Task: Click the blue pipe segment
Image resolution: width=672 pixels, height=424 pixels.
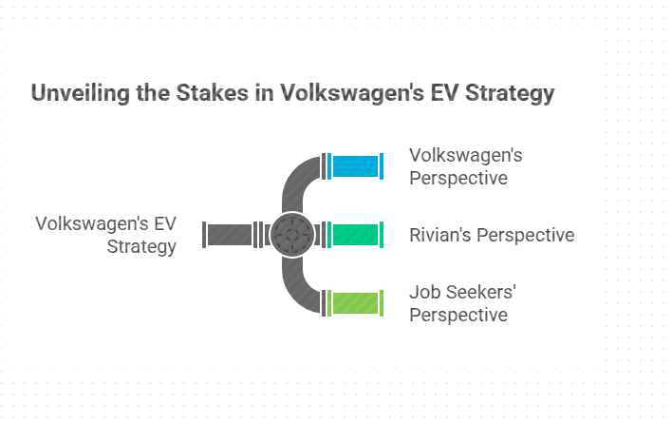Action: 355,166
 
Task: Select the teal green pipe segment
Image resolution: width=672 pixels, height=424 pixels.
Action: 355,235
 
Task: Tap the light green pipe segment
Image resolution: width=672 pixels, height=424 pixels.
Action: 355,303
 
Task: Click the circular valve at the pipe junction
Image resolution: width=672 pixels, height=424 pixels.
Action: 292,235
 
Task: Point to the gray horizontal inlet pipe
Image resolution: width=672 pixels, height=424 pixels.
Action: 230,235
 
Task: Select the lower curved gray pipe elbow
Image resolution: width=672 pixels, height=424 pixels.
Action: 296,291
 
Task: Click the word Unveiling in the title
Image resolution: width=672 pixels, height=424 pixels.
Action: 80,93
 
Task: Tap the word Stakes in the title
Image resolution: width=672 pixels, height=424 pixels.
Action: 213,93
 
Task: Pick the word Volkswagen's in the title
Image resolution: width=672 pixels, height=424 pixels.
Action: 352,93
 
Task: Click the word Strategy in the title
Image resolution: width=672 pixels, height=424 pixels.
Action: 510,93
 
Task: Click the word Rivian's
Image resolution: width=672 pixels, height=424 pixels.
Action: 440,235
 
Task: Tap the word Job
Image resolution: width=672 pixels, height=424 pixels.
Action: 425,292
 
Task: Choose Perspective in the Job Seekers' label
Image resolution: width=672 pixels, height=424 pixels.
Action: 458,316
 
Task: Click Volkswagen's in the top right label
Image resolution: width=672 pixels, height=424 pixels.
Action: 466,156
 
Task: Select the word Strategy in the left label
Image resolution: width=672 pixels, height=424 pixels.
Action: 141,247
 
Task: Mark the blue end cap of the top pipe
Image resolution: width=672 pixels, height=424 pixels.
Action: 382,166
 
